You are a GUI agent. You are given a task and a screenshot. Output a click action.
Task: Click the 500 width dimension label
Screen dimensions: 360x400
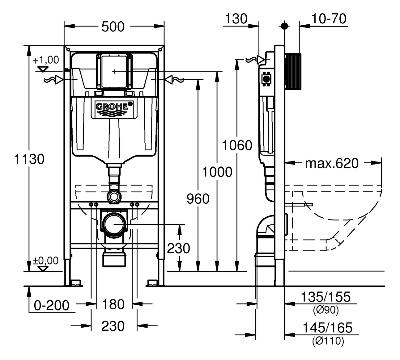click(x=113, y=27)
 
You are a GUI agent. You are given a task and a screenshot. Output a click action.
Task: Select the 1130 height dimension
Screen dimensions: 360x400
click(x=30, y=159)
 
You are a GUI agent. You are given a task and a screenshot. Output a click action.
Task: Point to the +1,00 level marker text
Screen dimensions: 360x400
click(x=46, y=60)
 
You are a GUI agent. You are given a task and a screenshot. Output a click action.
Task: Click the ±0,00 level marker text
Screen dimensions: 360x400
click(x=46, y=261)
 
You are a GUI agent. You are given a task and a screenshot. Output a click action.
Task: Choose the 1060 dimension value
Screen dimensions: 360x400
click(x=237, y=145)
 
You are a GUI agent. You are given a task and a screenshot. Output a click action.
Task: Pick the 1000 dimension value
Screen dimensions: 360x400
click(x=217, y=172)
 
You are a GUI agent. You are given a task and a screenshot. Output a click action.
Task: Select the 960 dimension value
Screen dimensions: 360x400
click(x=198, y=199)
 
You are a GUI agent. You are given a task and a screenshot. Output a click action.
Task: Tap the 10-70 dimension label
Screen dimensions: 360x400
click(x=329, y=19)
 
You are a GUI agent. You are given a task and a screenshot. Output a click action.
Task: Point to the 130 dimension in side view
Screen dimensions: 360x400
click(x=236, y=19)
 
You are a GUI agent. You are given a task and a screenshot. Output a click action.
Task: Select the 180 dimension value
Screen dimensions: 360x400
click(x=113, y=304)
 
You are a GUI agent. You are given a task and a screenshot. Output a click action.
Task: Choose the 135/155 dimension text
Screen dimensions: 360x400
click(x=326, y=297)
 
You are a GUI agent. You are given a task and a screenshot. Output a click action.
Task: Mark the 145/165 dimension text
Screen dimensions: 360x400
click(x=327, y=328)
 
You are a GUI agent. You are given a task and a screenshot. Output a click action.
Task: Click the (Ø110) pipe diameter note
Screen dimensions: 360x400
click(x=328, y=341)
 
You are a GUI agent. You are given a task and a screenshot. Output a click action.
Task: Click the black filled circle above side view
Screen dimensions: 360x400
click(x=284, y=26)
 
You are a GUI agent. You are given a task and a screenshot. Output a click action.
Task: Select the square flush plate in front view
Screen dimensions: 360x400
click(x=114, y=71)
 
